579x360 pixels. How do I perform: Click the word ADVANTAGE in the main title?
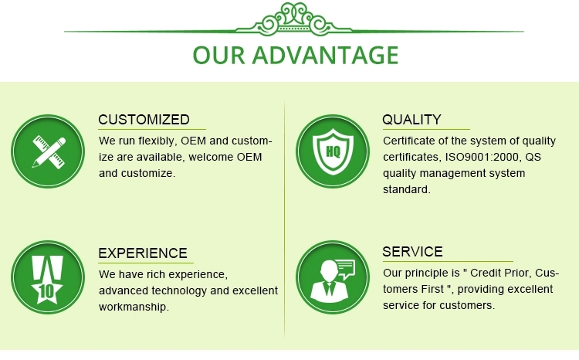click(325, 55)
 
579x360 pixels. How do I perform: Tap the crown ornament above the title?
click(294, 19)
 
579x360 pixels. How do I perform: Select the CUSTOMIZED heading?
click(144, 120)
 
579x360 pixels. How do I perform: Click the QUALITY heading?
click(411, 120)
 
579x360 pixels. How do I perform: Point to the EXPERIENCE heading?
click(143, 253)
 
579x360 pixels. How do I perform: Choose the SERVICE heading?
click(412, 252)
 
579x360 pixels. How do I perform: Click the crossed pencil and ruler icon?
click(49, 152)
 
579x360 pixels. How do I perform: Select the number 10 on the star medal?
click(46, 291)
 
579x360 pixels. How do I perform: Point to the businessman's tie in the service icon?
click(329, 289)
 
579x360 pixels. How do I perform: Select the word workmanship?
click(134, 307)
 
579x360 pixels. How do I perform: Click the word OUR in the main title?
click(218, 55)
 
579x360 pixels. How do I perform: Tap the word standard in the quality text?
click(407, 189)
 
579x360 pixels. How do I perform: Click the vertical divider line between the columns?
click(284, 218)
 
